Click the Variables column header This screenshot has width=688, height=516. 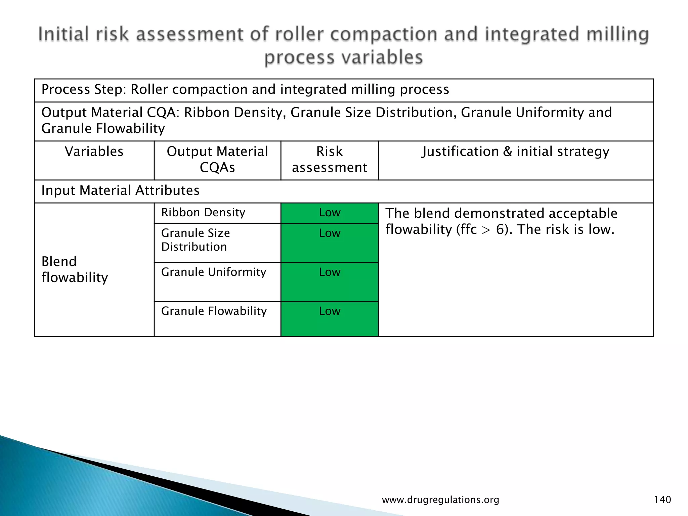click(x=94, y=152)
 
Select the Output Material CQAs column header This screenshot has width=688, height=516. click(x=217, y=160)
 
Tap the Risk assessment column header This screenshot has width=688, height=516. click(x=329, y=160)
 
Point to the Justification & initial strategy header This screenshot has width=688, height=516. click(x=515, y=152)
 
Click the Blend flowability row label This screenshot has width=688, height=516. click(x=75, y=269)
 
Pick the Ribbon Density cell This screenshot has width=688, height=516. click(x=203, y=213)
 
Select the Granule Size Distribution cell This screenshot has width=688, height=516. click(x=196, y=240)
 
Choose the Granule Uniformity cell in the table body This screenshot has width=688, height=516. click(x=214, y=272)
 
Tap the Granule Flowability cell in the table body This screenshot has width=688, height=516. click(x=214, y=311)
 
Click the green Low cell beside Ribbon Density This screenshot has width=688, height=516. click(x=330, y=213)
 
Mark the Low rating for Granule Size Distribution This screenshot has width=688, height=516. click(x=330, y=233)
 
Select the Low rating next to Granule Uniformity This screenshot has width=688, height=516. click(x=330, y=272)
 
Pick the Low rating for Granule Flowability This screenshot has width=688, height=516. click(x=330, y=311)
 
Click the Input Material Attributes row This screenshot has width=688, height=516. click(x=120, y=190)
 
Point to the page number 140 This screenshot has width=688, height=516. click(x=662, y=500)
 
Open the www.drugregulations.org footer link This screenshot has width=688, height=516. click(x=440, y=500)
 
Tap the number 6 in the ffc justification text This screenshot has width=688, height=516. click(x=500, y=230)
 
